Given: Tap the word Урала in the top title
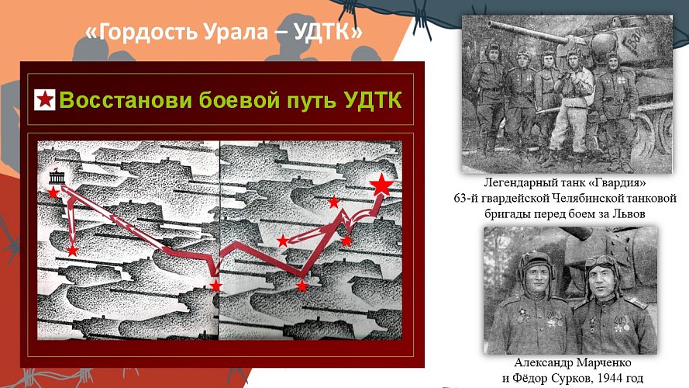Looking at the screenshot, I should [232, 33].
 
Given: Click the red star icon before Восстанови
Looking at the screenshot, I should [45, 100].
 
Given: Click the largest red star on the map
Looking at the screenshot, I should [381, 185].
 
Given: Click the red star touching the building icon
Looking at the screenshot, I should [53, 191].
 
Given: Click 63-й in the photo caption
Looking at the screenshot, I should [467, 199].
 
